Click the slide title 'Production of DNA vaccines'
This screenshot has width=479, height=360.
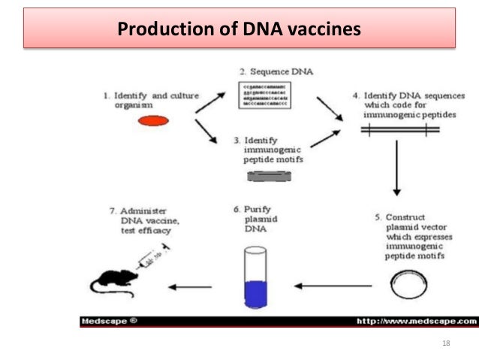[x=239, y=30]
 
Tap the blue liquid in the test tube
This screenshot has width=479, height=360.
[x=256, y=292]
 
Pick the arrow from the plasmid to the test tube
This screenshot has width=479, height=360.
[x=332, y=286]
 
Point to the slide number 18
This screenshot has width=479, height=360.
[x=447, y=343]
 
